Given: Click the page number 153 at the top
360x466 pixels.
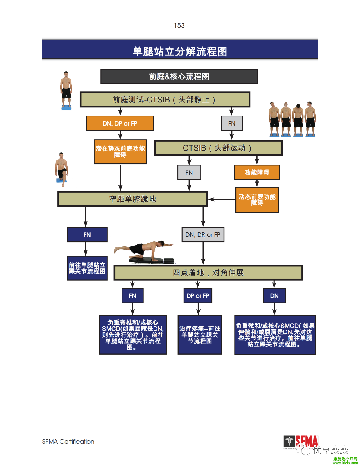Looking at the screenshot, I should [179, 26].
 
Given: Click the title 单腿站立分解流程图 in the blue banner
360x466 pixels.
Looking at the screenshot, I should [180, 51].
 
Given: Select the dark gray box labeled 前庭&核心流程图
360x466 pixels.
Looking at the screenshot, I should [179, 77].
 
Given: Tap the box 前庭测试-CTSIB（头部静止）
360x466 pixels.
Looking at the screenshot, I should [165, 100].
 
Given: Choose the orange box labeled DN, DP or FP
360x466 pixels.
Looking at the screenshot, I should [120, 124].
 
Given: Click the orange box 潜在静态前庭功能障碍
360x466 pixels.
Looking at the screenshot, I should [120, 152].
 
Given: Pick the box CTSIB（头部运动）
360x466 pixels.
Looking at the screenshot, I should [218, 148].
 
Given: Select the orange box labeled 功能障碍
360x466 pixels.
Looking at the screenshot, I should [257, 172].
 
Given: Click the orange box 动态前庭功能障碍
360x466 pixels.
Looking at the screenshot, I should [257, 200].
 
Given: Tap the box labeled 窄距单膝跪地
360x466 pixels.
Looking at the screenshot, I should [132, 199].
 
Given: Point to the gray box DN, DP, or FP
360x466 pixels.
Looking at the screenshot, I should [202, 235].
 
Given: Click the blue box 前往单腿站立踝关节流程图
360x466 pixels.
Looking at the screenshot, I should [87, 268].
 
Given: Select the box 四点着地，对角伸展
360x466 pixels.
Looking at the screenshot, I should [208, 273].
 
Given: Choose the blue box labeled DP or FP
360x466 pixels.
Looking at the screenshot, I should [198, 296].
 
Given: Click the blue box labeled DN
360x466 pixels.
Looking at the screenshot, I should [274, 296].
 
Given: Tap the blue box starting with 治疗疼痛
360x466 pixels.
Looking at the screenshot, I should [200, 335].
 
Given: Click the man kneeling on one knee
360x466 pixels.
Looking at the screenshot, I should [62, 169].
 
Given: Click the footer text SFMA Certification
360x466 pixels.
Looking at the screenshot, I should [68, 442].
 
